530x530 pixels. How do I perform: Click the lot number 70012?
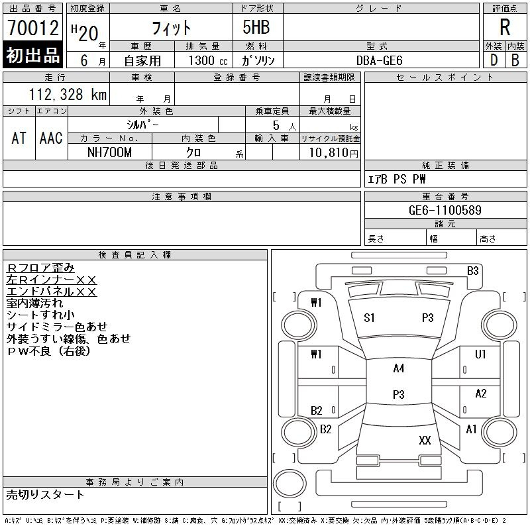[32, 28]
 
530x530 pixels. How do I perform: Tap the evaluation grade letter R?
[505, 28]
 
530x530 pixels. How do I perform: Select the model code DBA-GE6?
[380, 60]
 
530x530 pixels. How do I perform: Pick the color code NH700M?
[110, 152]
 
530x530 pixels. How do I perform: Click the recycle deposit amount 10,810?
[329, 152]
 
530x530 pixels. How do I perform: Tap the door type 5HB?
[250, 28]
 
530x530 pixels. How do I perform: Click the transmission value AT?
[19, 138]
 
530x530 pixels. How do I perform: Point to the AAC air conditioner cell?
[51, 138]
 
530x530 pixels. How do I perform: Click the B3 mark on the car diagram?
[472, 270]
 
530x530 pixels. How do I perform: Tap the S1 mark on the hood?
[369, 318]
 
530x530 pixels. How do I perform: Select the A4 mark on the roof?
[398, 368]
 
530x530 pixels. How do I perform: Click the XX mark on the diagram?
[425, 440]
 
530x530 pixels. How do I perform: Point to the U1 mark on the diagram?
[480, 354]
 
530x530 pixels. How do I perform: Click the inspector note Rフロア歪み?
[40, 268]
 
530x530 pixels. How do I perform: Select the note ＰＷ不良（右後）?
[48, 351]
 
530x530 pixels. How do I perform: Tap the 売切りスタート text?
[46, 494]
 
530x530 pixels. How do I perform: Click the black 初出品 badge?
[32, 55]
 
